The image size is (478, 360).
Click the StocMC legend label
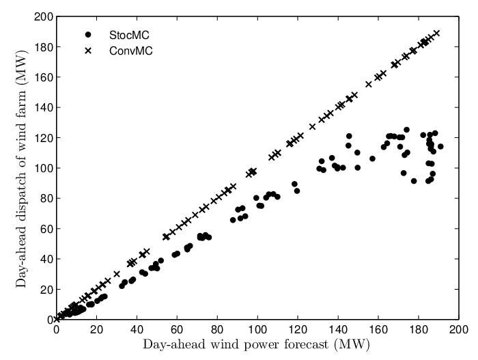129,36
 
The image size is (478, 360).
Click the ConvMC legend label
131,51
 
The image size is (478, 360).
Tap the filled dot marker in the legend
88,35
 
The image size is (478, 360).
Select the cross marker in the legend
88,51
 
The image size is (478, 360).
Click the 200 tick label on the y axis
43,17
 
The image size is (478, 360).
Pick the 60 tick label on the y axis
46,229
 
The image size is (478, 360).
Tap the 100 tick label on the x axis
257,330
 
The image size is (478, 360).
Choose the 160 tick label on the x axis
378,330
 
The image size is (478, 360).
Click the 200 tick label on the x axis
458,330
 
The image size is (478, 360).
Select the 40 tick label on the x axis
137,330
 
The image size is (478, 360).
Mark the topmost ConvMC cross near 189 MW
437,33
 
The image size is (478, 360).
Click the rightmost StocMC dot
440,146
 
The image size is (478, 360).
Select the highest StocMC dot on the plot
406,130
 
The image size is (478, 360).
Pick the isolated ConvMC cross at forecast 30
117,274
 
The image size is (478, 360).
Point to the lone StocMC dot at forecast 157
372,158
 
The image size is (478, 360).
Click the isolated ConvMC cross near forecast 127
312,126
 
